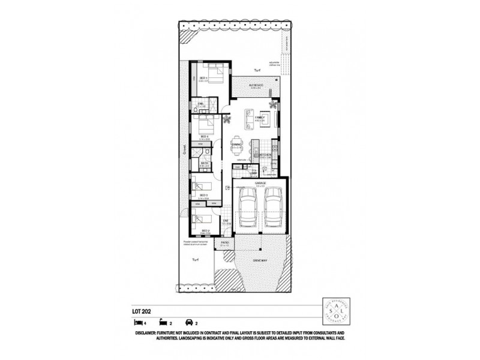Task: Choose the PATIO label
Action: [x=225, y=243]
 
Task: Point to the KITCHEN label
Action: [x=266, y=155]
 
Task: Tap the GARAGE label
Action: [x=260, y=182]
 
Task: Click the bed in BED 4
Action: [x=205, y=125]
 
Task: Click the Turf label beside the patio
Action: [x=195, y=260]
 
